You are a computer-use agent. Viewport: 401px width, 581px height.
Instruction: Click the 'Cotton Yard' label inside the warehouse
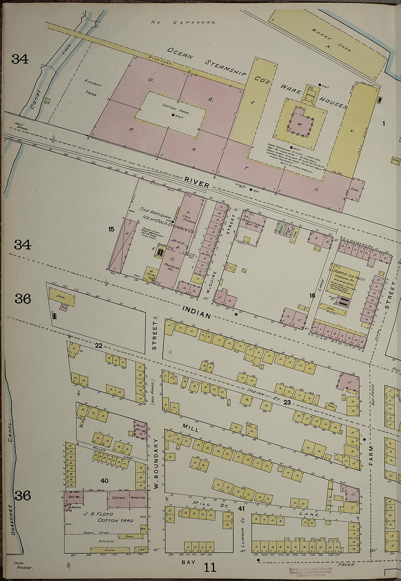click(x=174, y=107)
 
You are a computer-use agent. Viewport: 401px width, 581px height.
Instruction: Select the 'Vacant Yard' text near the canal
click(x=92, y=87)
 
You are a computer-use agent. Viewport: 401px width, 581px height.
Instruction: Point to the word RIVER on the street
click(x=196, y=182)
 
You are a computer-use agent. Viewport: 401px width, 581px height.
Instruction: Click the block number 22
click(x=98, y=345)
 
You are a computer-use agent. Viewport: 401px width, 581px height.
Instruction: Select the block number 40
click(x=104, y=481)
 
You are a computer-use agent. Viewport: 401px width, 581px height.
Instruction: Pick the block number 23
click(x=287, y=402)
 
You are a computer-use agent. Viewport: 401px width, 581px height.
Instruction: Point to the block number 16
click(x=312, y=295)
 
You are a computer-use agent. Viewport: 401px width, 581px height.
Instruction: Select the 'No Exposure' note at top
click(x=183, y=23)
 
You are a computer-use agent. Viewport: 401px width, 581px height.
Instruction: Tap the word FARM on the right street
click(x=371, y=456)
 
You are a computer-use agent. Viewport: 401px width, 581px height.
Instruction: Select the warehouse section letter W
click(x=300, y=124)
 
